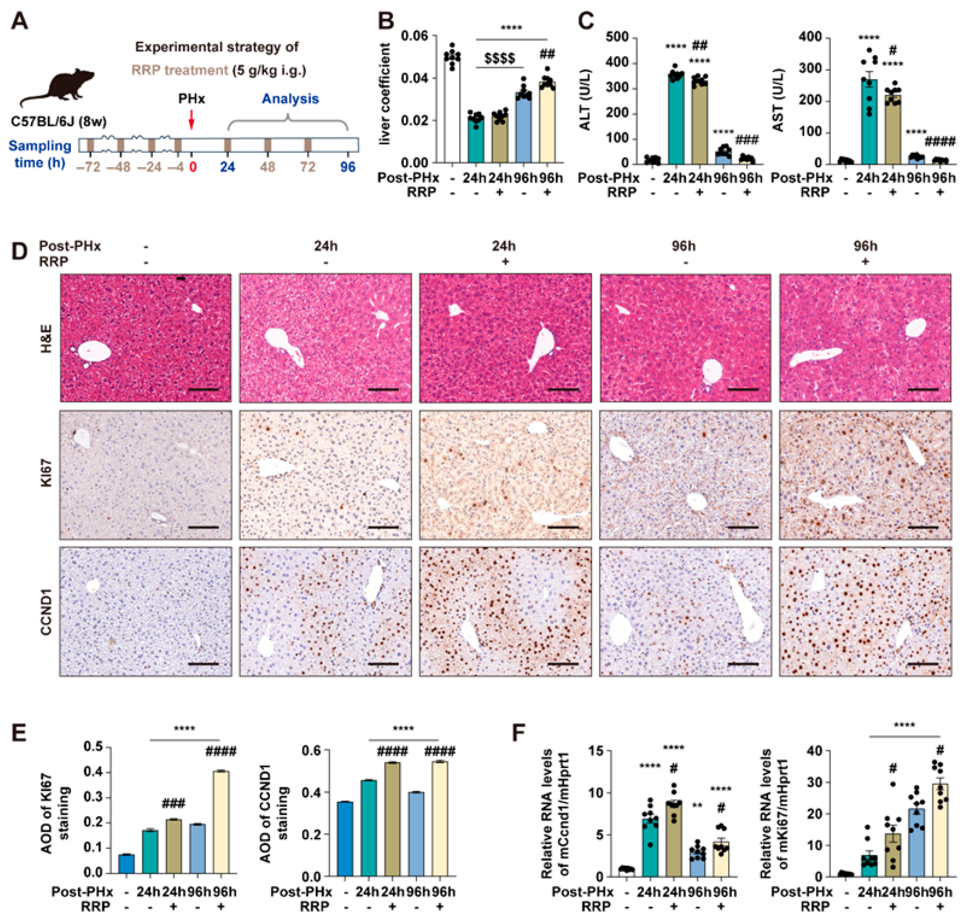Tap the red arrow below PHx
(x=192, y=119)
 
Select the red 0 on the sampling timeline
(x=192, y=167)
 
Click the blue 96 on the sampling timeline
(x=348, y=167)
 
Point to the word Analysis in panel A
(x=290, y=99)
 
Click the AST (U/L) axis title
(x=778, y=100)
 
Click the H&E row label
(x=47, y=338)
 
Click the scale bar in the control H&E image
(x=203, y=389)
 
